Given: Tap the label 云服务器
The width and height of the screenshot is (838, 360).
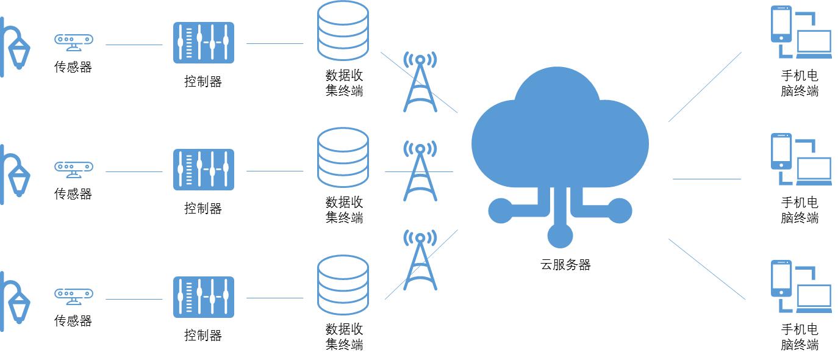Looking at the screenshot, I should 565,265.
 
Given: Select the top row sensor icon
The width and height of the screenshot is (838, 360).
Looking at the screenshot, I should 73,41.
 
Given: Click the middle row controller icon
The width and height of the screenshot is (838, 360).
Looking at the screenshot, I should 203,169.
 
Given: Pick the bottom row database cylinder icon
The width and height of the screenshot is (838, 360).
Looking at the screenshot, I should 343,285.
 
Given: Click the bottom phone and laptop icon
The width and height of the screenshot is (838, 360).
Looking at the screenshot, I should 800,286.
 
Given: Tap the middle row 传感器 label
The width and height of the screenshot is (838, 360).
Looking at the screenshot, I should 73,194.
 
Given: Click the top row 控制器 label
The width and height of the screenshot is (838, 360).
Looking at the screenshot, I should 203,81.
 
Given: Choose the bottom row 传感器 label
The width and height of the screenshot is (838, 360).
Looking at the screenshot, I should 73,321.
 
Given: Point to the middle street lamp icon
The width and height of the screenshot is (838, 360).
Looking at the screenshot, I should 15,174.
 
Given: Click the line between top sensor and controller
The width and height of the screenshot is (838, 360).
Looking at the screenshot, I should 134,45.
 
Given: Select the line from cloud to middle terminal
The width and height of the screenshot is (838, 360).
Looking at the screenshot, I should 706,179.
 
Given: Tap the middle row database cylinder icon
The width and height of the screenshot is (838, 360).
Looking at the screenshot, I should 343,157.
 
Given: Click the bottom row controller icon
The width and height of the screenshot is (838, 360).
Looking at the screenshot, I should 203,297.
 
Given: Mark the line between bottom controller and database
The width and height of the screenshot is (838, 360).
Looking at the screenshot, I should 274,298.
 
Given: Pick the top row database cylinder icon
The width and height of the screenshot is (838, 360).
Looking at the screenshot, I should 343,31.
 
